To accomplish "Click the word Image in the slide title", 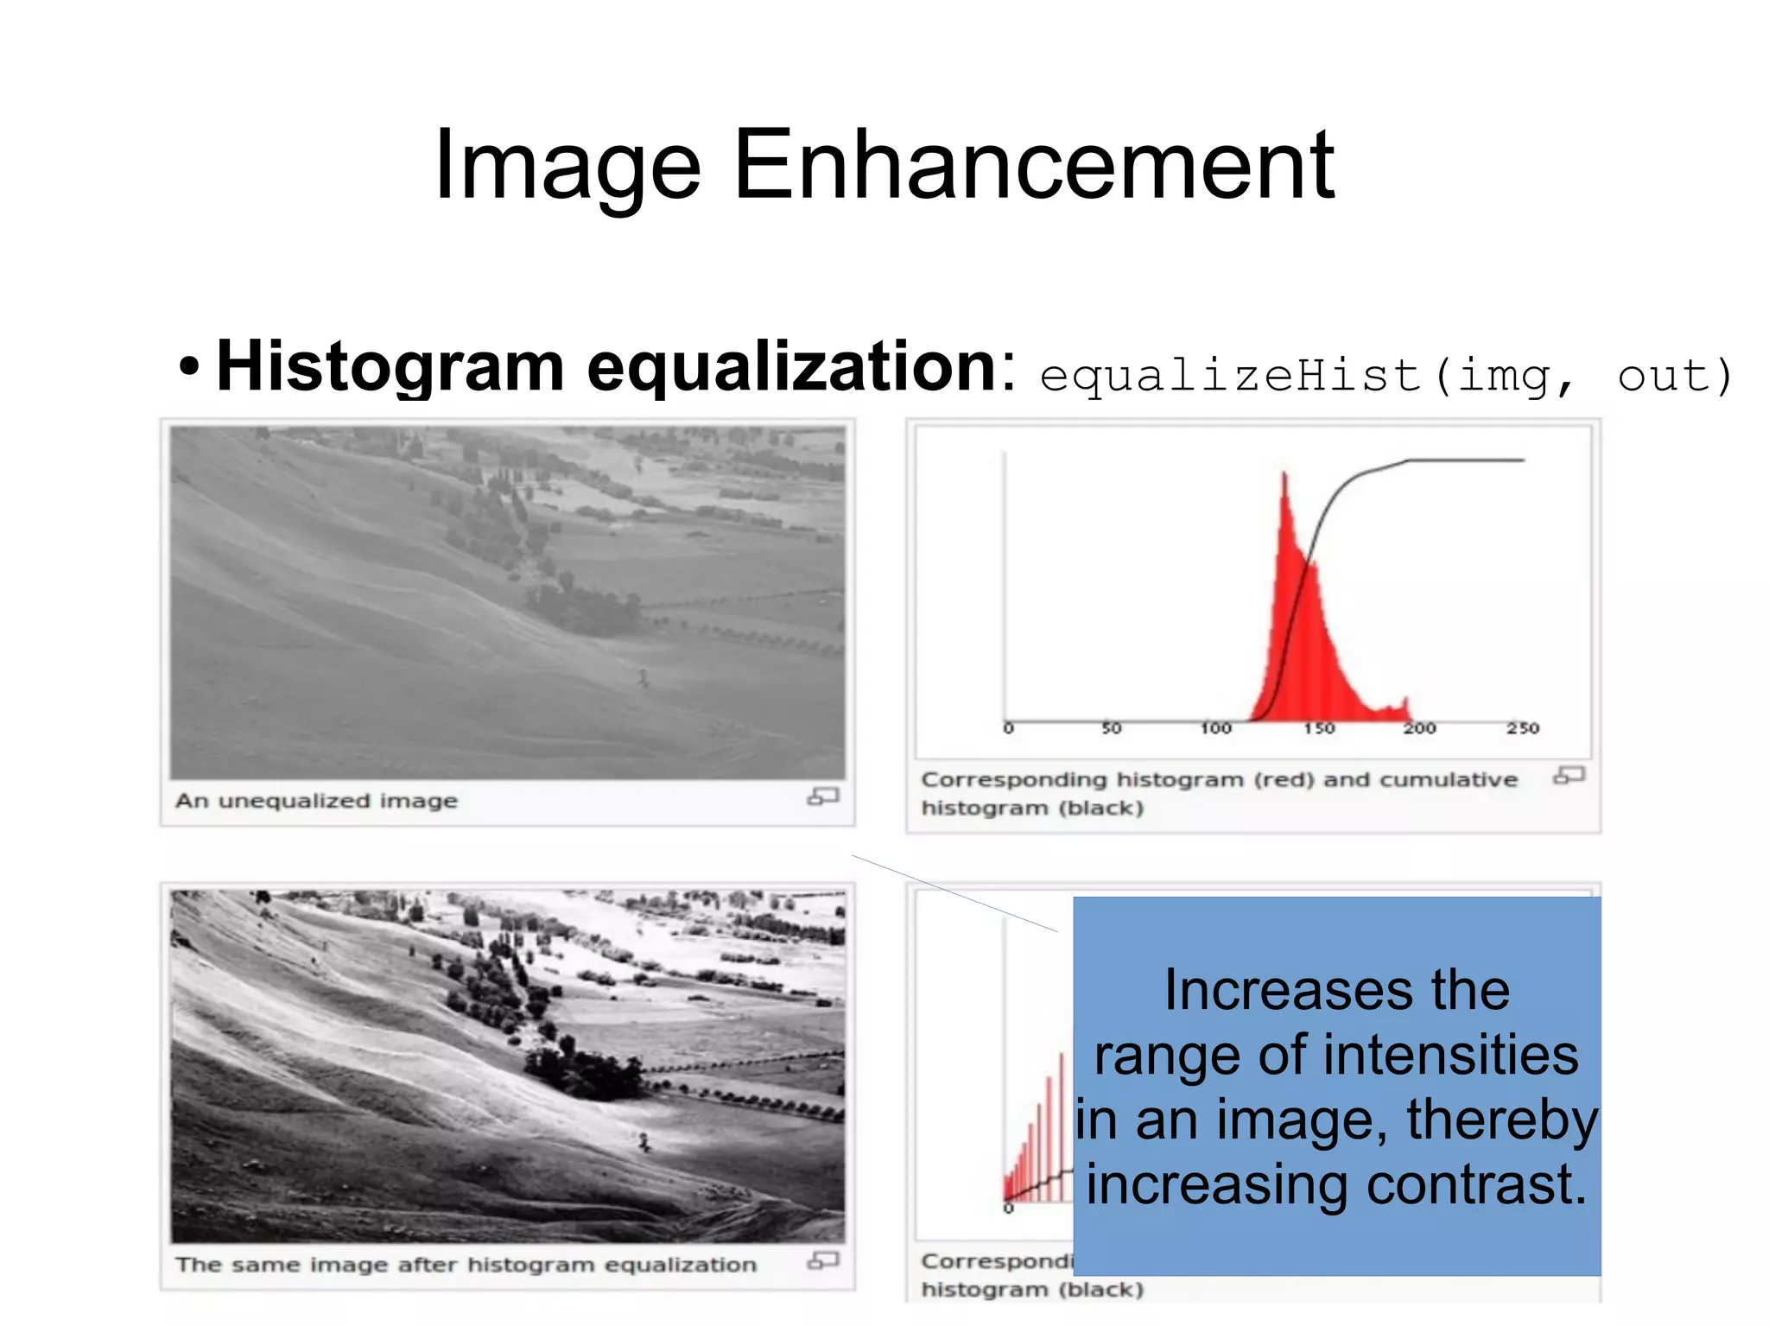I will pos(567,166).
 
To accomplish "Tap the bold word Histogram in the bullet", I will pos(390,366).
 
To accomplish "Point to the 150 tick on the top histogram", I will pos(1319,728).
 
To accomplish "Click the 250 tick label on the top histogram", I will pos(1523,728).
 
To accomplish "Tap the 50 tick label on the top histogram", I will pos(1111,728).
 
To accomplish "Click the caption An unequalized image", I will pos(316,801).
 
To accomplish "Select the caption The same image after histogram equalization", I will pos(466,1265).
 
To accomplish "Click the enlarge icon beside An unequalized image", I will pos(822,796).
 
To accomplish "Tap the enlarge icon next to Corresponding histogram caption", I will pos(1569,776).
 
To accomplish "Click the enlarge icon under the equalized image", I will pos(822,1261).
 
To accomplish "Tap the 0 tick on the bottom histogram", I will pos(1008,1209).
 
